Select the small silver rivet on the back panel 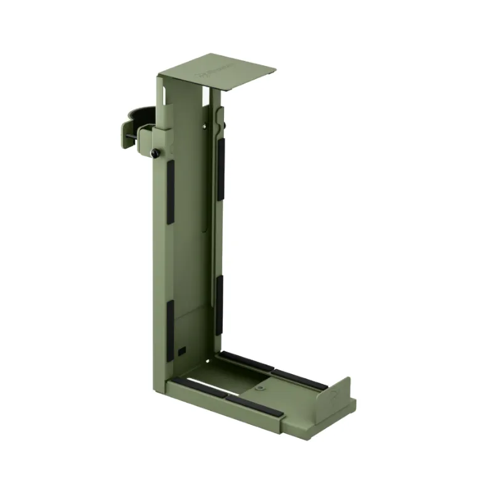pyautogui.click(x=206, y=126)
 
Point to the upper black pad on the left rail pyautogui.click(x=170, y=191)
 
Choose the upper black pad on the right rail pyautogui.click(x=221, y=169)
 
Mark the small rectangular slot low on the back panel pyautogui.click(x=181, y=349)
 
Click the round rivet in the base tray pyautogui.click(x=260, y=388)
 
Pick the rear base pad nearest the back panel pyautogui.click(x=245, y=361)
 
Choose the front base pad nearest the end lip pyautogui.click(x=254, y=406)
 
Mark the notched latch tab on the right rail pyautogui.click(x=219, y=119)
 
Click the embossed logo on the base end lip pyautogui.click(x=334, y=393)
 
